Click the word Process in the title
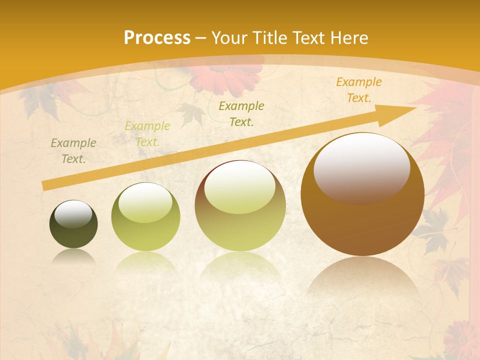pos(157,37)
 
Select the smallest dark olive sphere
pos(73,224)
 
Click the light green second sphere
pos(145,217)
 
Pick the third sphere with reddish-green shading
pos(240,206)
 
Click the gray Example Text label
pos(73,150)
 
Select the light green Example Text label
pos(147,133)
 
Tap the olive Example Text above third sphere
pos(241,113)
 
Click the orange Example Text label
pos(358,90)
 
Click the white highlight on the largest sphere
pos(361,166)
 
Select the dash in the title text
pos(201,38)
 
